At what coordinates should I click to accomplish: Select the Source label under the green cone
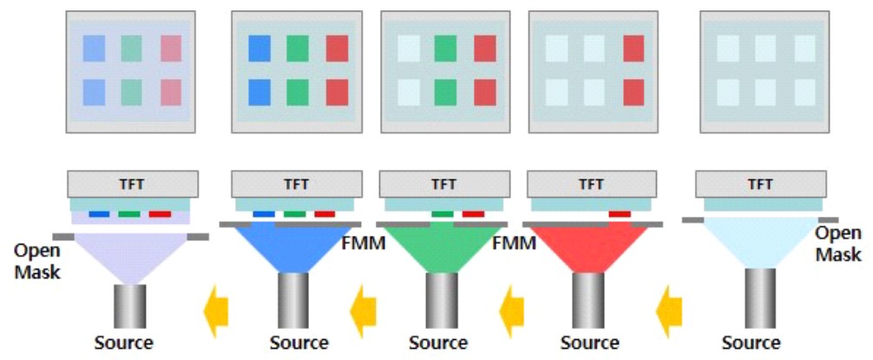pyautogui.click(x=437, y=343)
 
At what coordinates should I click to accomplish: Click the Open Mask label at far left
pyautogui.click(x=36, y=261)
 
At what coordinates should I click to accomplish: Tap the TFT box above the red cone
pyautogui.click(x=591, y=184)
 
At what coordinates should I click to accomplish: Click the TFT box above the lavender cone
pyautogui.click(x=133, y=184)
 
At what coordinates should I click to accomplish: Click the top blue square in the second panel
pyautogui.click(x=259, y=49)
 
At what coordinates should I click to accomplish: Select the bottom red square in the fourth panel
pyautogui.click(x=634, y=92)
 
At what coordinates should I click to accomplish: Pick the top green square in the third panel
pyautogui.click(x=445, y=49)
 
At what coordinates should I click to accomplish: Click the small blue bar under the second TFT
pyautogui.click(x=262, y=213)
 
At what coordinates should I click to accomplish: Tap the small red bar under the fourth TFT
pyautogui.click(x=620, y=213)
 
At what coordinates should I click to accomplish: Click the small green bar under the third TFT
pyautogui.click(x=442, y=213)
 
